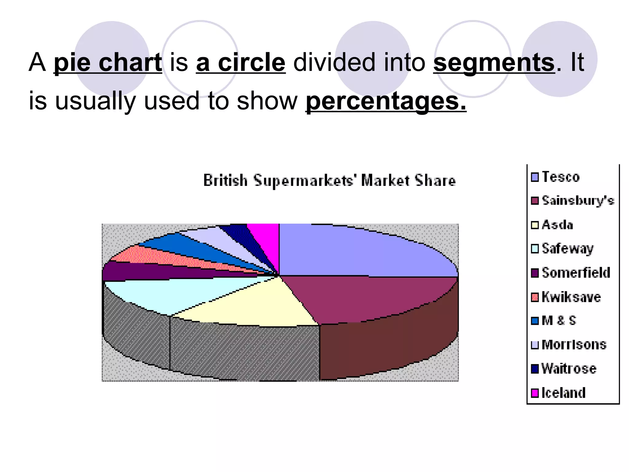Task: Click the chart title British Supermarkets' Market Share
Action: pyautogui.click(x=329, y=180)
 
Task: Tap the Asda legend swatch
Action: pyautogui.click(x=535, y=225)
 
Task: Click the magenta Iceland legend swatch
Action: pyautogui.click(x=535, y=393)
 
